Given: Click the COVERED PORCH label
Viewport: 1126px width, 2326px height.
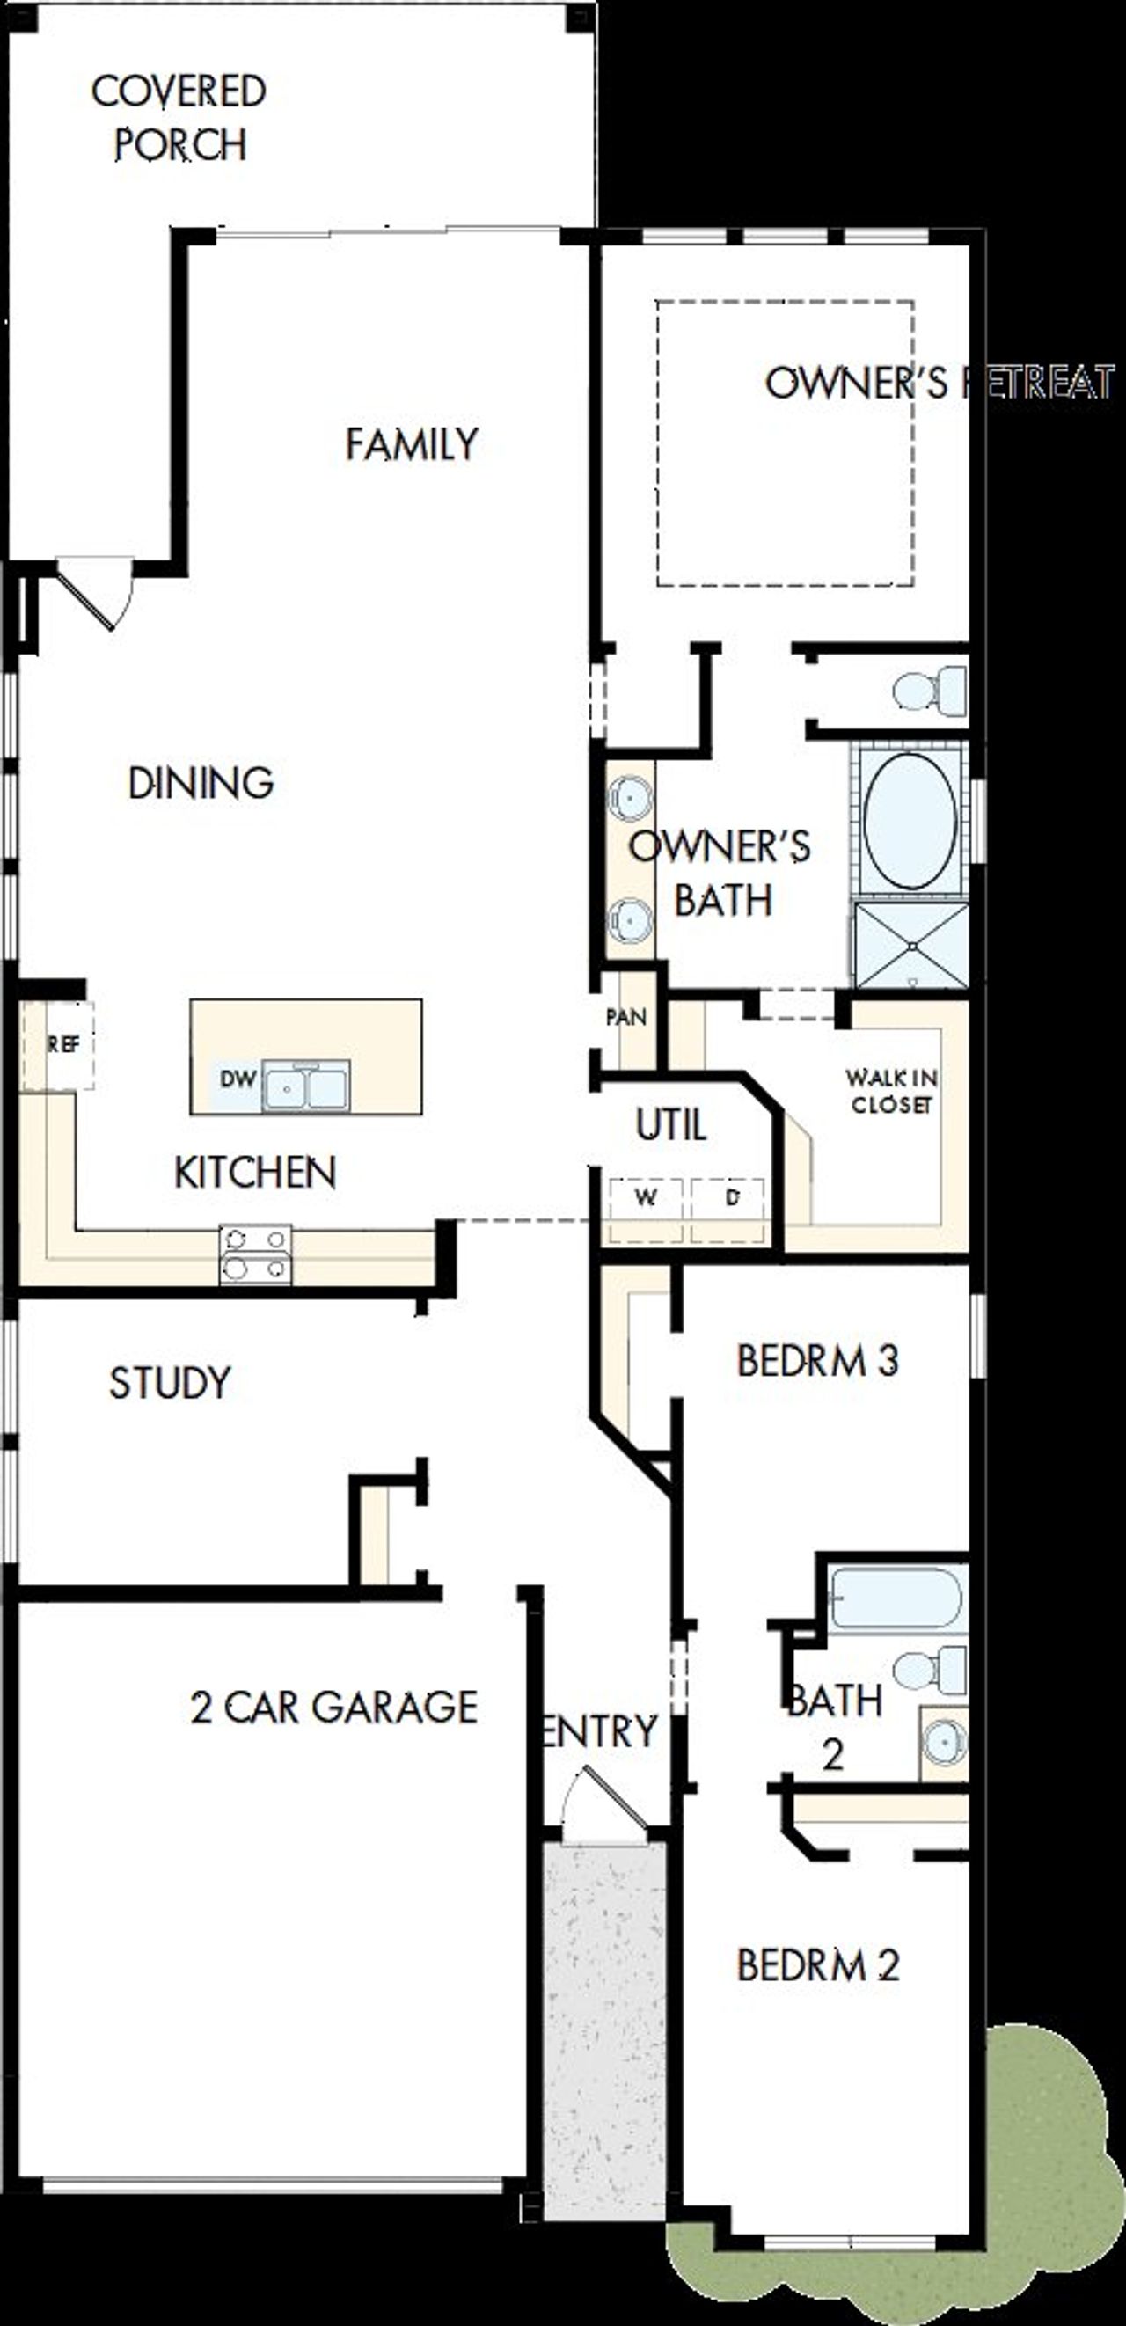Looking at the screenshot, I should click(x=179, y=118).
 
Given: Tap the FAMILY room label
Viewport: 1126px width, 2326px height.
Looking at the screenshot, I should click(x=412, y=443).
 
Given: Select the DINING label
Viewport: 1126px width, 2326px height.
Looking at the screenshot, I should click(x=201, y=782).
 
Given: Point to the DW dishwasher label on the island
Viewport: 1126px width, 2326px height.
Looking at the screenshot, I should click(x=237, y=1079).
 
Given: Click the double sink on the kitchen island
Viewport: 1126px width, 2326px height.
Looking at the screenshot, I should click(x=305, y=1086).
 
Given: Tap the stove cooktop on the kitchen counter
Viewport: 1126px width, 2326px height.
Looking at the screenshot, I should click(x=255, y=1254).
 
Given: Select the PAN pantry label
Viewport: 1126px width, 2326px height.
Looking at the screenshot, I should click(x=625, y=1018).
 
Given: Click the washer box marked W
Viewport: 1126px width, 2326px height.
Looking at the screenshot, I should click(x=645, y=1198).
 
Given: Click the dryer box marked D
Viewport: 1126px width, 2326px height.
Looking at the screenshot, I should click(x=731, y=1198).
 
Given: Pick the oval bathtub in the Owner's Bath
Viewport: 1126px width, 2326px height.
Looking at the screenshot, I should click(x=910, y=820).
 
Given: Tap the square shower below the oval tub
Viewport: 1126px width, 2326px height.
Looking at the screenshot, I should click(x=911, y=945).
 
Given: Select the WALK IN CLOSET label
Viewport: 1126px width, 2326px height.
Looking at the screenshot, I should click(x=890, y=1091).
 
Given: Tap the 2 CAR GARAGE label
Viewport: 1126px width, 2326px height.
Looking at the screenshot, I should click(x=333, y=1707).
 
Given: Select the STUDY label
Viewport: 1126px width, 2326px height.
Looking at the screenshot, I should click(x=170, y=1382).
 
